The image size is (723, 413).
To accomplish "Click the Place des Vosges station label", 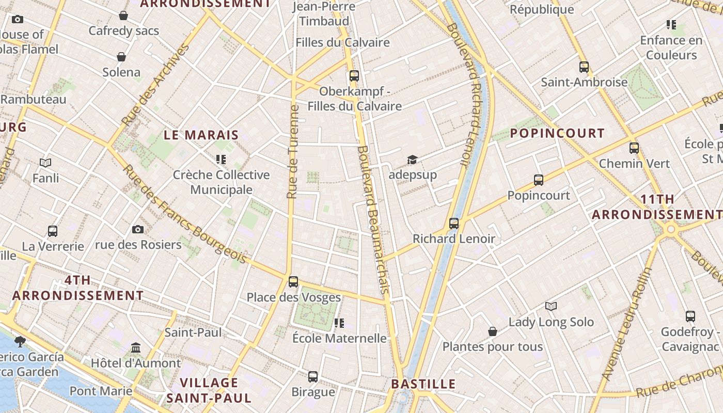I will (293, 297).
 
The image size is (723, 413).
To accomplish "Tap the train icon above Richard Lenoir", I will (454, 224).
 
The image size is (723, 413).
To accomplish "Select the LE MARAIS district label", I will (201, 135).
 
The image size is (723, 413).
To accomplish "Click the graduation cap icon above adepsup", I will (412, 160).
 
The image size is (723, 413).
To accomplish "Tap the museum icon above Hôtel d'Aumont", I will (136, 347).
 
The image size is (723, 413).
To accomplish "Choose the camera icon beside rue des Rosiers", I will (138, 229).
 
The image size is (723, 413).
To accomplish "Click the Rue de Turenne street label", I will (293, 152).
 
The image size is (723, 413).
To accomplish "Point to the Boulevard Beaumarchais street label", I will (373, 219).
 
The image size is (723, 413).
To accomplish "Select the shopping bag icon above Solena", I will (121, 57).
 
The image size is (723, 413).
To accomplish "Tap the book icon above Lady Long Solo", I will (551, 307).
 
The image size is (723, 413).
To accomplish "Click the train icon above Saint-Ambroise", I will (584, 67).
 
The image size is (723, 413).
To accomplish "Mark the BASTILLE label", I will (423, 384).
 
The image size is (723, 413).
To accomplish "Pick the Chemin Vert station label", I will (634, 164).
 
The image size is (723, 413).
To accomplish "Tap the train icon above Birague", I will (313, 377).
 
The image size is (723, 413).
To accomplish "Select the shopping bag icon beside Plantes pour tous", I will (493, 331).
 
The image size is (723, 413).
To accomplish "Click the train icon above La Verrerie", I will (53, 231).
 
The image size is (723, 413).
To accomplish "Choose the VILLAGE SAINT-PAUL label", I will (209, 390).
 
